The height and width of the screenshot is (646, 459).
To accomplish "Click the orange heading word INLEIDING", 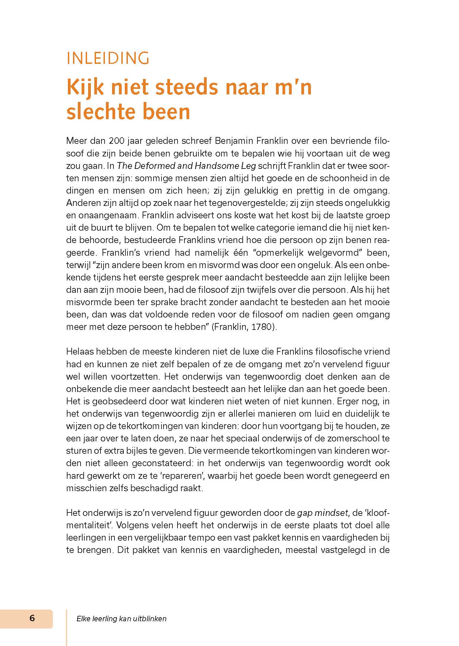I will [x=108, y=58].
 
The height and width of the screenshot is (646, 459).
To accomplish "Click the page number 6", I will [x=32, y=618].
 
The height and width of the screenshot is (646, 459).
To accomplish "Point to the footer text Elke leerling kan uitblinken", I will [x=121, y=619].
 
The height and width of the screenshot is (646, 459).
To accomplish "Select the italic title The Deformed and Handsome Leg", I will [x=186, y=166].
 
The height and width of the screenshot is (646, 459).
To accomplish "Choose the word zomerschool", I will [x=359, y=439].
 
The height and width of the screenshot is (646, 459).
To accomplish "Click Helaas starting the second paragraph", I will [x=80, y=352].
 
